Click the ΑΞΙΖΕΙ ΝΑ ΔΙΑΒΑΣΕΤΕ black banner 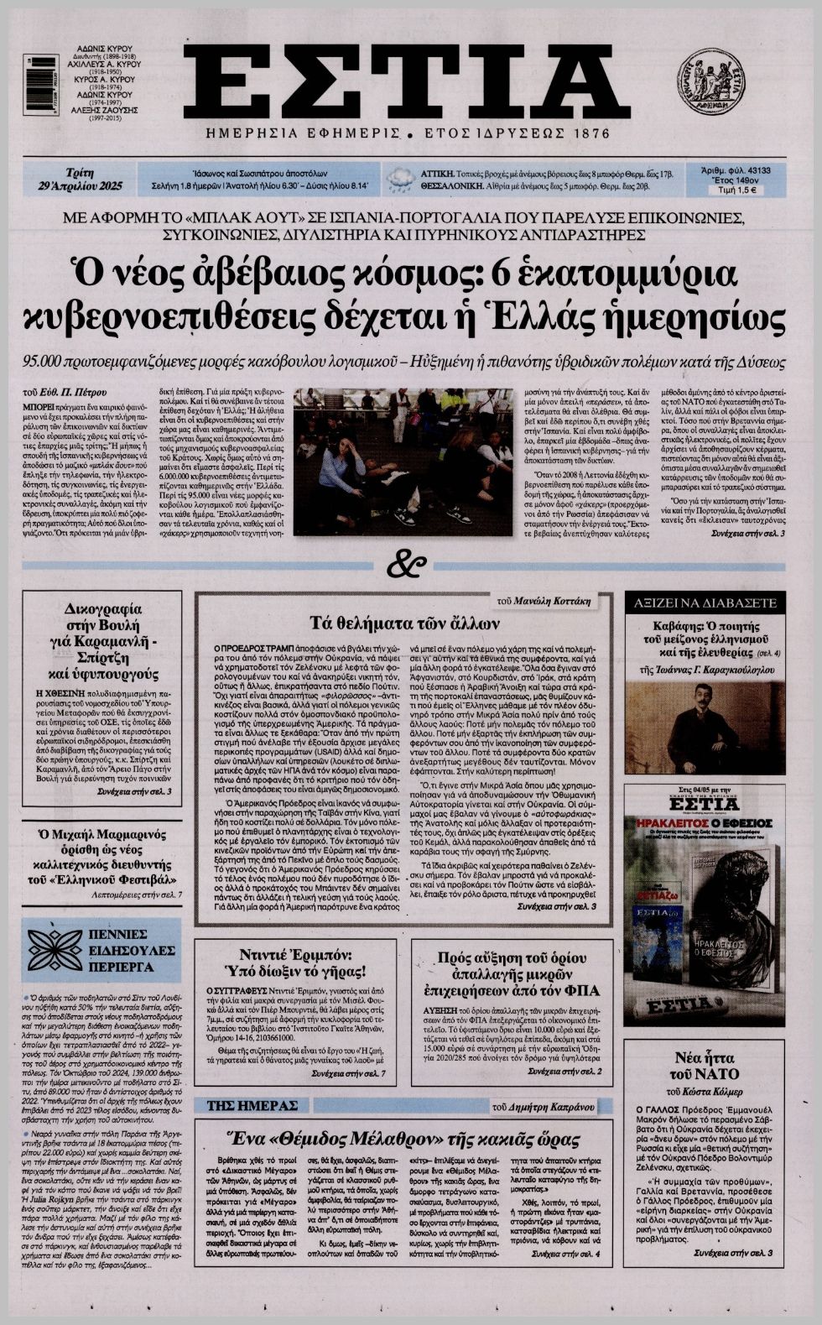pyautogui.click(x=705, y=603)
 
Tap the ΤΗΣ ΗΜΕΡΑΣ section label pyautogui.click(x=241, y=1104)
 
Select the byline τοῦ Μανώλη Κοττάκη pyautogui.click(x=543, y=601)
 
